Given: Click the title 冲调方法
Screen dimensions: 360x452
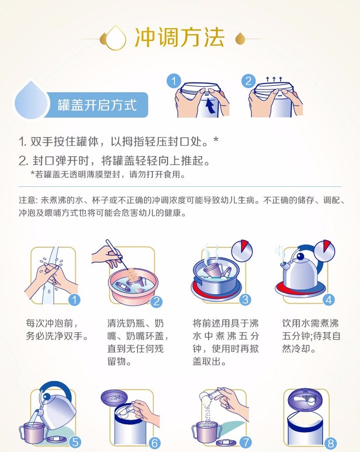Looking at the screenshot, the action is coord(180,37).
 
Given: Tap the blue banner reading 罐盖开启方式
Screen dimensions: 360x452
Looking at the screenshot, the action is coord(97,105).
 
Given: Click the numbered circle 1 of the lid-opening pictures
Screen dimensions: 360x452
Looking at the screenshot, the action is coord(174,81).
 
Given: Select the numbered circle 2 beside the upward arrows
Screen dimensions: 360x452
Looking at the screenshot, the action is coord(248,81).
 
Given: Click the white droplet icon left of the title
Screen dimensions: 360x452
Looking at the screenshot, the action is coord(116,38).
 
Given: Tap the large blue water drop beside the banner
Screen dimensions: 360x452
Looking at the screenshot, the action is coord(31,100).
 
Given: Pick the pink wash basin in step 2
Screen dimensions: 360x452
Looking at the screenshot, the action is coord(133,285).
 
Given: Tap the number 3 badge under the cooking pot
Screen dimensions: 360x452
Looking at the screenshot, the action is coord(245,300).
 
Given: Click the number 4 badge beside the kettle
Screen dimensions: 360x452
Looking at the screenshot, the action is coord(329,300).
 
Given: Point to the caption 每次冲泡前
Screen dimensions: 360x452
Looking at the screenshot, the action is coord(52,323).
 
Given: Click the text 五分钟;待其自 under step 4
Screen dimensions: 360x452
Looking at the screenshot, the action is coord(311,336).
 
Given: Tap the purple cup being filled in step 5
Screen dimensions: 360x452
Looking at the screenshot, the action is coord(32,432).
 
